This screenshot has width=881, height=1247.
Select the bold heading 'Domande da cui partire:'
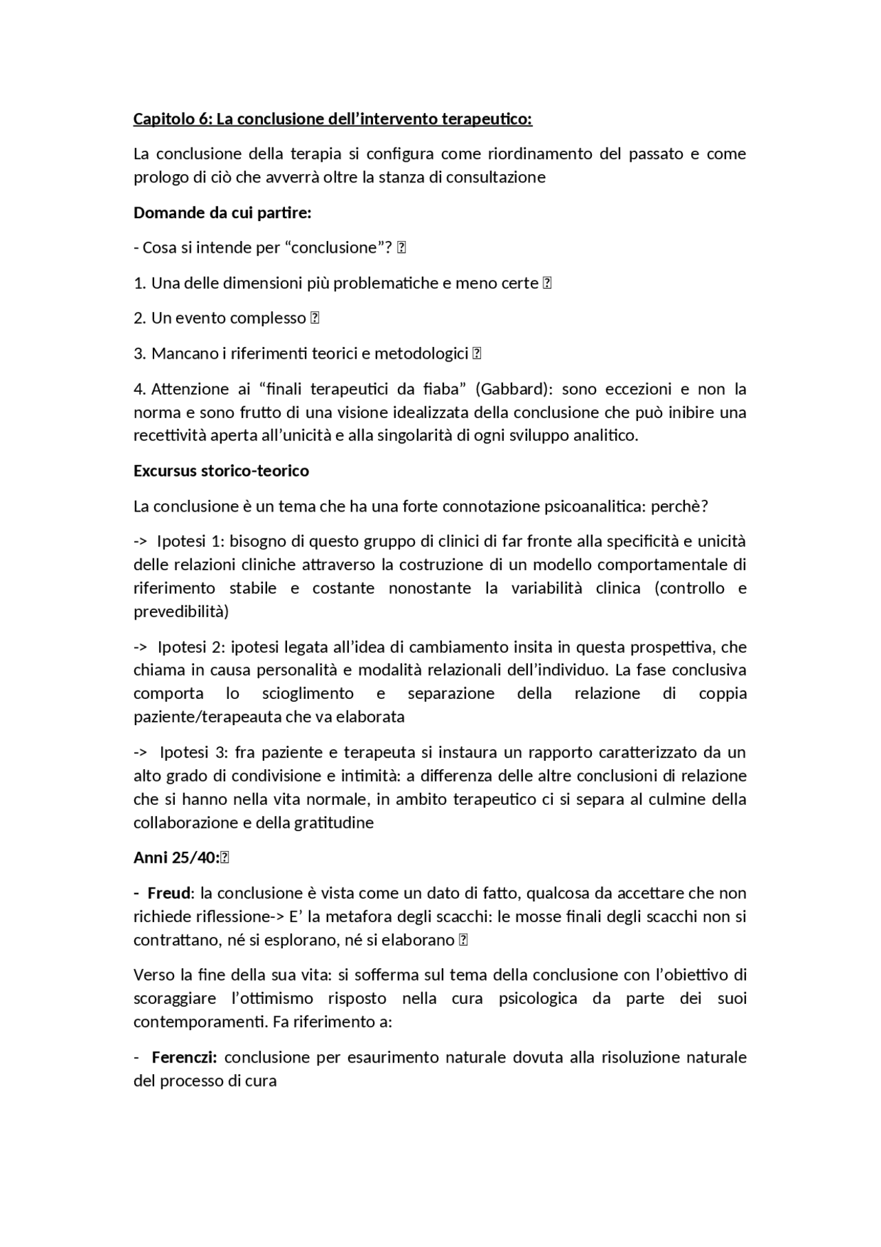point(222,213)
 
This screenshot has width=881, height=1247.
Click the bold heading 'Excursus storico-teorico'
point(221,471)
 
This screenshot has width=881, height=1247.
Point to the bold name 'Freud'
point(169,893)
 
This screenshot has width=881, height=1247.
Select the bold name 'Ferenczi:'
point(184,1057)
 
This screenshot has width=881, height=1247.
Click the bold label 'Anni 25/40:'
point(176,858)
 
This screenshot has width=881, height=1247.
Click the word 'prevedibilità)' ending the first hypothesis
point(180,611)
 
